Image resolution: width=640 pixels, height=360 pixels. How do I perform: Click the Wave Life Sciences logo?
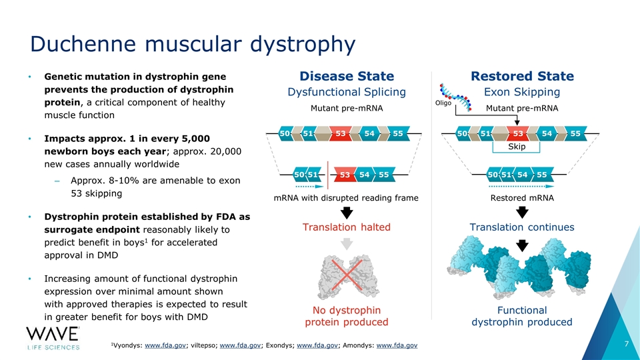(53, 339)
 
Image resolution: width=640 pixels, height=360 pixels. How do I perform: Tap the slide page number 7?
(627, 344)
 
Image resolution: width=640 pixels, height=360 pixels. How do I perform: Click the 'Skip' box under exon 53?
(516, 147)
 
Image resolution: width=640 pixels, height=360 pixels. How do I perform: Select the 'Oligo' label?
(443, 103)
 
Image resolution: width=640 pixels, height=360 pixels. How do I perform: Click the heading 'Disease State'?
(347, 76)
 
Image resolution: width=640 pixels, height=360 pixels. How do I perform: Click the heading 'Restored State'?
(522, 76)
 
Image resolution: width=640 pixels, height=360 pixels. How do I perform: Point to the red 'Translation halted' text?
(346, 227)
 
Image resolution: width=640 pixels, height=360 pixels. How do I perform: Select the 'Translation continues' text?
(521, 227)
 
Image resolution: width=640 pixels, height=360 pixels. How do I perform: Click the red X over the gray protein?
(347, 275)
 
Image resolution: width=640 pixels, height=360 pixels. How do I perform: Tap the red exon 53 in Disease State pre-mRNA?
(341, 133)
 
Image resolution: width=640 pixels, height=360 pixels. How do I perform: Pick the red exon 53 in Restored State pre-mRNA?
(518, 133)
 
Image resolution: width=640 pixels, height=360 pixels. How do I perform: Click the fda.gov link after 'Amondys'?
(397, 345)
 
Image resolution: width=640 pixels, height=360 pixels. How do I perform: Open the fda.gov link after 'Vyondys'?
(165, 345)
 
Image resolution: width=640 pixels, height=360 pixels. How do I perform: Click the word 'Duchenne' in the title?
(83, 43)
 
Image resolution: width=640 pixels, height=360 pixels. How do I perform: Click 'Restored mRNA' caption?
(522, 198)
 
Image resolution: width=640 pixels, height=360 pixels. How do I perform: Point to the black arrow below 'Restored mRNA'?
(522, 212)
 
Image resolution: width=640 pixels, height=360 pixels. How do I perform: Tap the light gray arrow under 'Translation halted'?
(347, 244)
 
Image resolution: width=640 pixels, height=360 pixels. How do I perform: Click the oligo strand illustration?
(455, 97)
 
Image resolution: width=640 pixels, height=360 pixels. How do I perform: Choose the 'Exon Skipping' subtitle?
(521, 92)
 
